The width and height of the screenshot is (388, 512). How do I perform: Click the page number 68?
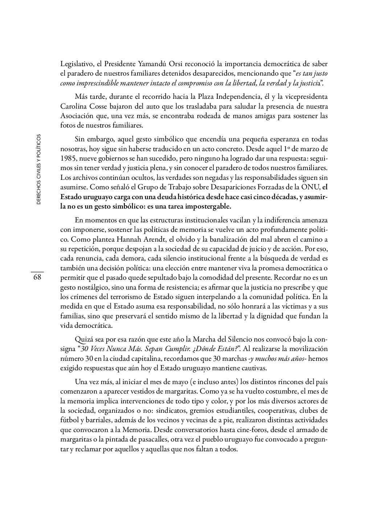pyautogui.click(x=37, y=277)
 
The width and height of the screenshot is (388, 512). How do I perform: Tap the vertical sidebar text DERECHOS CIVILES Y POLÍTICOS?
pyautogui.click(x=38, y=170)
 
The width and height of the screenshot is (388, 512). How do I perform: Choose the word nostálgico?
pyautogui.click(x=94, y=287)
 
